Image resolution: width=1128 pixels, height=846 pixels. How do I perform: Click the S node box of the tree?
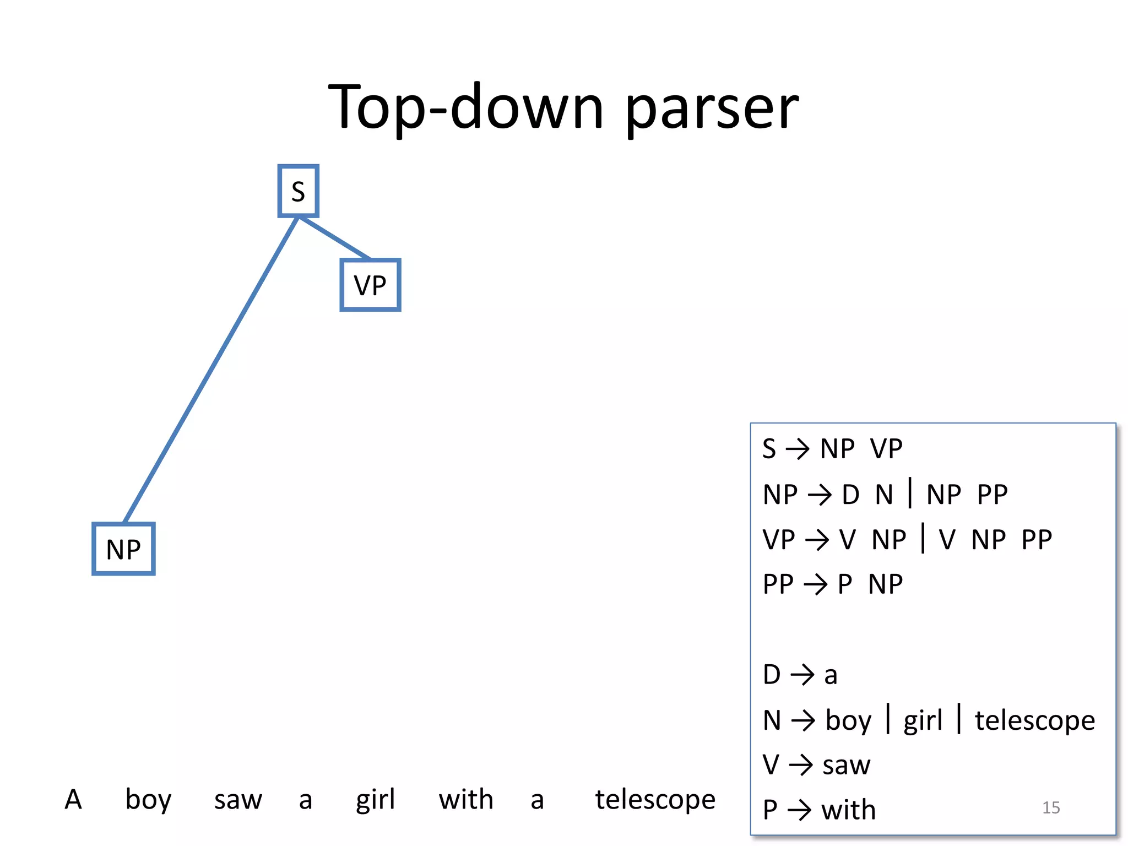298,191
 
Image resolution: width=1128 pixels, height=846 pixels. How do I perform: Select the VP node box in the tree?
370,285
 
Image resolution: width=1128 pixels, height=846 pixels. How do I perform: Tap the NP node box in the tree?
123,549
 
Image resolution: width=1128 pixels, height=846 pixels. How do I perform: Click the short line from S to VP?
334,238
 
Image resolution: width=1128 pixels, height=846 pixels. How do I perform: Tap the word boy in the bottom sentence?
148,800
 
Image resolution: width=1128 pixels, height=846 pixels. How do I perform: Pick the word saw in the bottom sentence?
238,800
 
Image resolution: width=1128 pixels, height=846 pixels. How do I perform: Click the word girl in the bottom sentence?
375,800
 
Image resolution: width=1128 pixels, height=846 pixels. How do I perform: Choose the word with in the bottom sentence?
466,799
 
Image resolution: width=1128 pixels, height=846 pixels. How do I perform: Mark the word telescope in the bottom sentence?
655,800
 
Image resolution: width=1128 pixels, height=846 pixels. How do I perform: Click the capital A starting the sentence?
73,799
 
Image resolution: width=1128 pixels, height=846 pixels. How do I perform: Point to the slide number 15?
1051,807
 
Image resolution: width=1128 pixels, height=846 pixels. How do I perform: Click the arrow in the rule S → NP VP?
798,449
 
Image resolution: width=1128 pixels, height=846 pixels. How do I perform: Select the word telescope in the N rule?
1035,720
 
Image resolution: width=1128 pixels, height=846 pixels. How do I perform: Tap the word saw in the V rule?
846,765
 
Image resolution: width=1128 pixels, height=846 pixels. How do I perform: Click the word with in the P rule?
848,810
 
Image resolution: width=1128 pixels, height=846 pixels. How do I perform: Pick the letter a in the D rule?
831,675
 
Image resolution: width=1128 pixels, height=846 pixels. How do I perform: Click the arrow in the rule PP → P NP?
816,585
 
